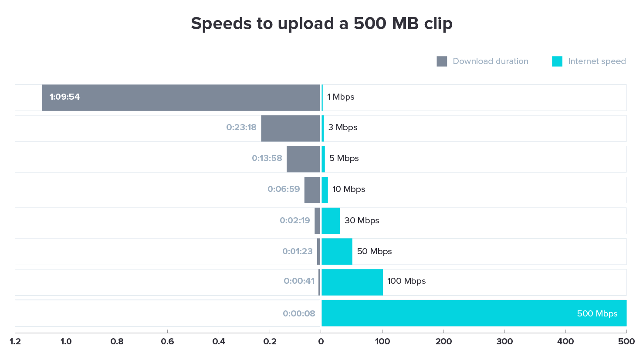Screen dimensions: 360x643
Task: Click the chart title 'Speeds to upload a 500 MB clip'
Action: [x=321, y=24]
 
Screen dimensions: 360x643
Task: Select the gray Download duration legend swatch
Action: [x=442, y=61]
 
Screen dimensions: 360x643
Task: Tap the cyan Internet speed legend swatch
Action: [x=557, y=61]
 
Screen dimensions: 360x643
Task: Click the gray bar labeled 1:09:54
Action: [x=181, y=98]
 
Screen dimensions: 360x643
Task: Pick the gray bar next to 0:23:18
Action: [x=290, y=128]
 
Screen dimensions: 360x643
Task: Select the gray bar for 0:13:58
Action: [x=303, y=159]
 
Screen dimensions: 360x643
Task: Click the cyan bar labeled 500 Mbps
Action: [x=474, y=313]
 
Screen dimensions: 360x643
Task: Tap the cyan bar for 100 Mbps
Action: [x=352, y=282]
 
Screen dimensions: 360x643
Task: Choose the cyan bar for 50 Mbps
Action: [x=337, y=252]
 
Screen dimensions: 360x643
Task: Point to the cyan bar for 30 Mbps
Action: [x=331, y=221]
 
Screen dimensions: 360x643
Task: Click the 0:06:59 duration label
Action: [x=284, y=189]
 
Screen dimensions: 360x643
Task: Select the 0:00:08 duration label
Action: [x=299, y=313]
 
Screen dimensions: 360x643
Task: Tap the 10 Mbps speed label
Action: [x=349, y=189]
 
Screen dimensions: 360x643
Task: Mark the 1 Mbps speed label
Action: [x=341, y=97]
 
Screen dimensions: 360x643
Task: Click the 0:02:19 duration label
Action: [x=295, y=221]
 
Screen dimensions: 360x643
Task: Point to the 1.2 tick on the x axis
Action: [x=15, y=342]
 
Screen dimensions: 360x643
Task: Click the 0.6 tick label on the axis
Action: [x=167, y=342]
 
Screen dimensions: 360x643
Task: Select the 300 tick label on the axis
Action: [x=504, y=342]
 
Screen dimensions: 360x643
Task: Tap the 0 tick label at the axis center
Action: [x=321, y=342]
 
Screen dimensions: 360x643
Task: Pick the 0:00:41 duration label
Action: [x=299, y=281]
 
